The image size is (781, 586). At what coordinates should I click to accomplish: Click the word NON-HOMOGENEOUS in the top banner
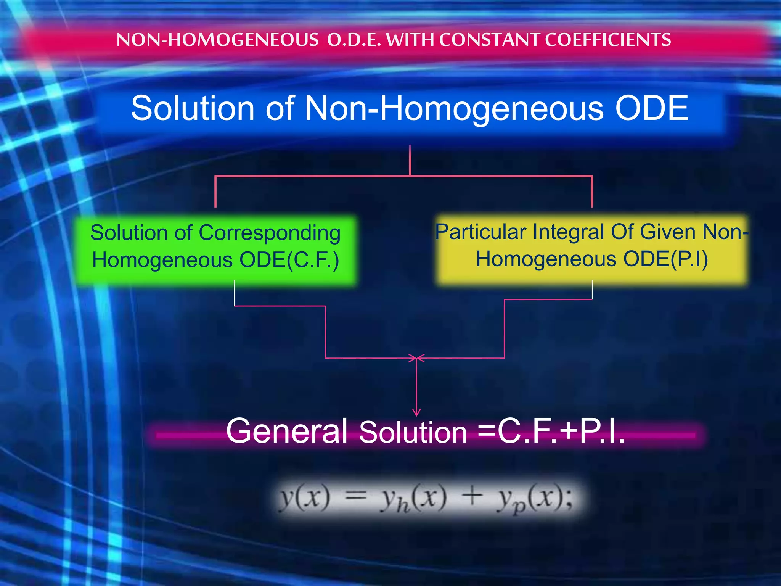point(217,40)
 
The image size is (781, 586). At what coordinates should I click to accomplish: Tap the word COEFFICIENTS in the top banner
point(608,40)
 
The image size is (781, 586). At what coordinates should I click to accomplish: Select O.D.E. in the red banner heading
point(354,40)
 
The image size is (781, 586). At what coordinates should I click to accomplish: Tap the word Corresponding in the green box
point(270,233)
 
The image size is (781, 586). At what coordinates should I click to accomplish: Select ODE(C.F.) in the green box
point(289,261)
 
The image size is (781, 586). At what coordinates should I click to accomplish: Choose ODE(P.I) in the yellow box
point(665,259)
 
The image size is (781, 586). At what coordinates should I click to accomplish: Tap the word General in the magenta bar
point(286,431)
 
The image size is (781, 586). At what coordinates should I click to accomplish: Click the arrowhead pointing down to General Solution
point(416,412)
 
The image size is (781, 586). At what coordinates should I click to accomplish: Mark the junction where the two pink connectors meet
point(416,358)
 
